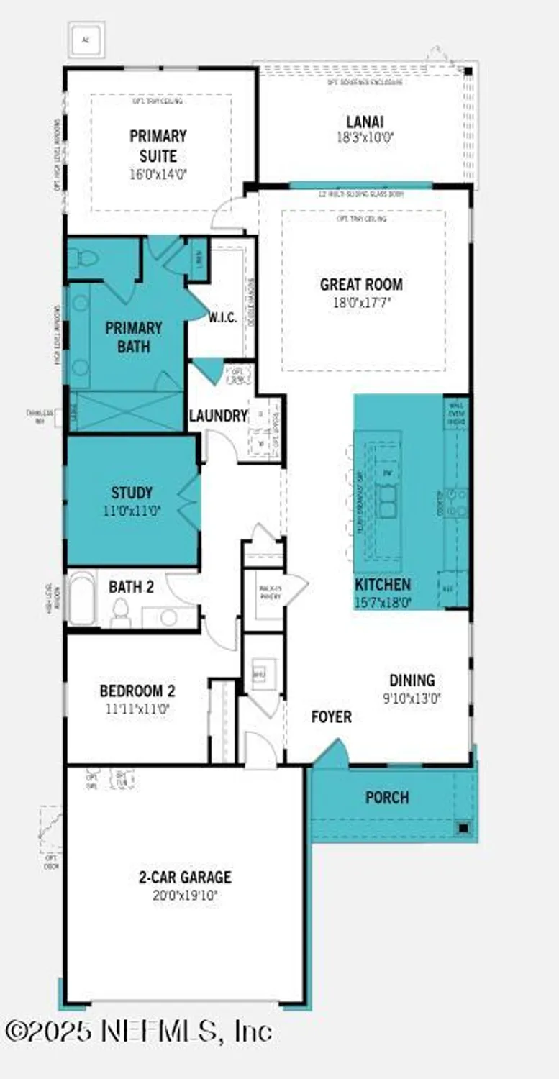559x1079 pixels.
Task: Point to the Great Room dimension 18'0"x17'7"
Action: point(361,302)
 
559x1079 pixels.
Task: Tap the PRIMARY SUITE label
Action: point(158,145)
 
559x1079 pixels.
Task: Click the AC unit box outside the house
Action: point(86,40)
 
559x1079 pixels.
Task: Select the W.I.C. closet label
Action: point(222,317)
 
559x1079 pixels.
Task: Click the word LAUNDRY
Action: point(218,416)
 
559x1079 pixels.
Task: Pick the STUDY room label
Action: point(132,493)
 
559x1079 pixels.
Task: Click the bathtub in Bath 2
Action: point(81,598)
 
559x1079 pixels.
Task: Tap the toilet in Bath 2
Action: point(120,612)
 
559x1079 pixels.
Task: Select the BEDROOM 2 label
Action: point(137,691)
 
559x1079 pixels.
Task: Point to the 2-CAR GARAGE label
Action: point(185,878)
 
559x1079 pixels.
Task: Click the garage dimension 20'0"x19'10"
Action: point(185,896)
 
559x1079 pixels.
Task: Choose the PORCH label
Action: point(387,798)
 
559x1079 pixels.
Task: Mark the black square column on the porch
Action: point(464,828)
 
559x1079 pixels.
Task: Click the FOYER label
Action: point(332,717)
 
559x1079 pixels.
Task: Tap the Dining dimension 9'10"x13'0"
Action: point(412,696)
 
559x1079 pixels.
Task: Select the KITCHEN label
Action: point(382,585)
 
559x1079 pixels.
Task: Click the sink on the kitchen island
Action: point(388,501)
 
